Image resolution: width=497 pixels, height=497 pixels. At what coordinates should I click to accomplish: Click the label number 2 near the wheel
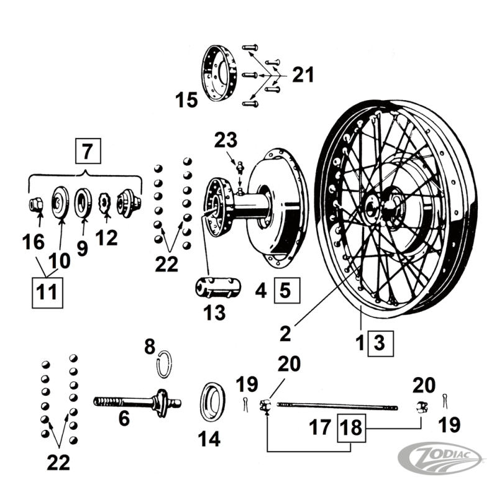coord(285,333)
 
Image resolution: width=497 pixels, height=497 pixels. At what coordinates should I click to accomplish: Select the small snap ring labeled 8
coord(163,365)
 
